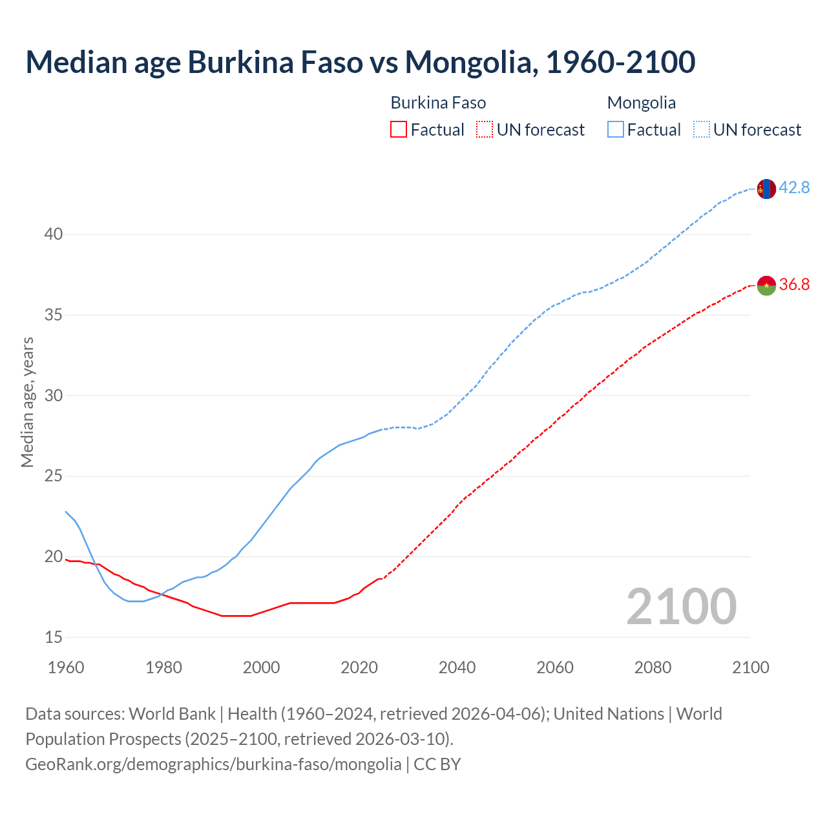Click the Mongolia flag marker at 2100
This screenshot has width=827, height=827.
(766, 189)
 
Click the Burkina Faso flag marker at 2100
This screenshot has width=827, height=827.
(766, 285)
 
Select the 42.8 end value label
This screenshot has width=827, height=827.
(794, 188)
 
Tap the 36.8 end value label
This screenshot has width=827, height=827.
(794, 285)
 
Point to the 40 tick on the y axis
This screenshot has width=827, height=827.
(54, 235)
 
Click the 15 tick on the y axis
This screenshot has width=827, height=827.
(54, 637)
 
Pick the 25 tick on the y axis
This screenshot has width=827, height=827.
(54, 476)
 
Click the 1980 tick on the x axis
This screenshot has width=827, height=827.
(163, 667)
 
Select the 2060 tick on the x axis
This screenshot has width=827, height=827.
(555, 667)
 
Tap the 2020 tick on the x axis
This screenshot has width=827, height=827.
(359, 667)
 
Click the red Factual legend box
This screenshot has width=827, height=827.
(399, 130)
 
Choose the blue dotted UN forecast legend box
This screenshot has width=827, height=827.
(702, 130)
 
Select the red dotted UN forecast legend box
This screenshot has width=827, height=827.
(485, 130)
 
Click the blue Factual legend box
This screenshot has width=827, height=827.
(616, 130)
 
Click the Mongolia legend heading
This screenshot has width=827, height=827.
(642, 103)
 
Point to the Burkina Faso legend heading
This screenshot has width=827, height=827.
(438, 103)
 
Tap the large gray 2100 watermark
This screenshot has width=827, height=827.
(682, 606)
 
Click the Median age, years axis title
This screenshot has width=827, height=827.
(27, 402)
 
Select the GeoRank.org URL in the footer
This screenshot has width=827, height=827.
(213, 764)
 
